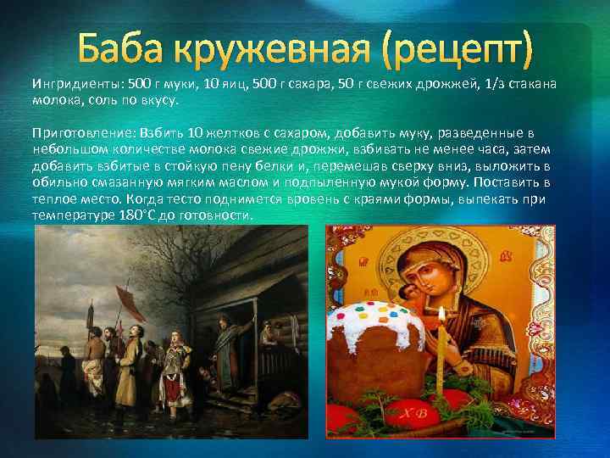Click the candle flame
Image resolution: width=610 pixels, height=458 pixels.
441,316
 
